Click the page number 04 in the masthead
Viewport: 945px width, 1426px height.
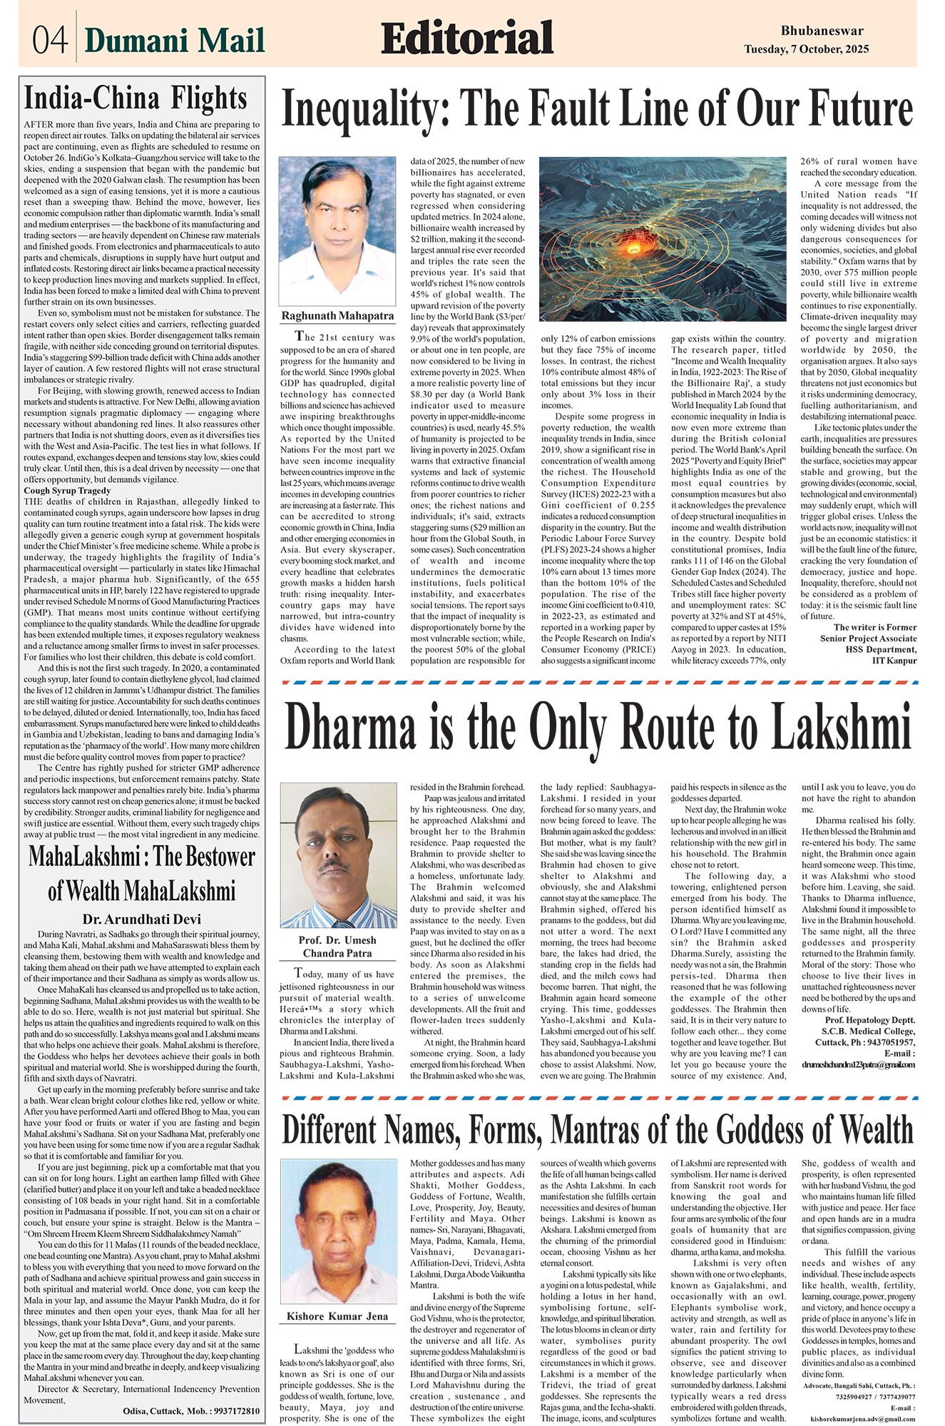49,40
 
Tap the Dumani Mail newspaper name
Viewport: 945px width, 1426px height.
175,41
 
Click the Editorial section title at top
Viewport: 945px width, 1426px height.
467,39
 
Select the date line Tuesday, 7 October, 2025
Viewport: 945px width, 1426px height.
807,49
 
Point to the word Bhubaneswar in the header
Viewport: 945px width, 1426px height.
822,31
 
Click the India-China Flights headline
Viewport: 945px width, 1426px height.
136,98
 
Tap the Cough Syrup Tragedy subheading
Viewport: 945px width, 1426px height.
67,491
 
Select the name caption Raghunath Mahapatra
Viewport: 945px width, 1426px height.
337,315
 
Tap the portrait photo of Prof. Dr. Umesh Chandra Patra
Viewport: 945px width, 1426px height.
338,855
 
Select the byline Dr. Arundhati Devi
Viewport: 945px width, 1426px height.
141,919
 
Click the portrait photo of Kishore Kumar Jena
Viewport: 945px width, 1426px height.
337,1231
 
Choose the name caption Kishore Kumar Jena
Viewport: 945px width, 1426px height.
337,1316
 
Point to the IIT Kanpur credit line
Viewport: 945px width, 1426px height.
894,660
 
